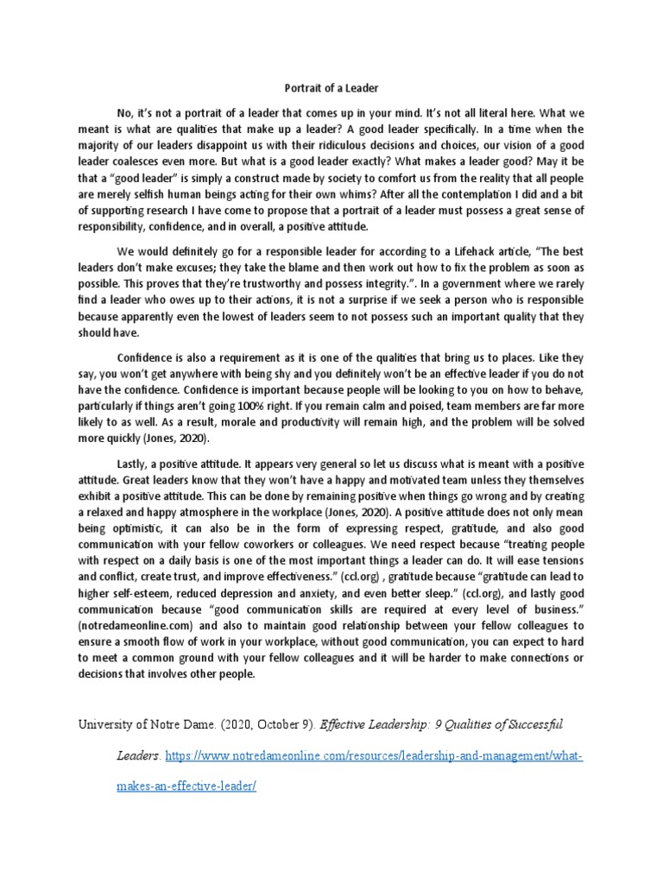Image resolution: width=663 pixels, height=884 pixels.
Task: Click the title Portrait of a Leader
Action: point(331,87)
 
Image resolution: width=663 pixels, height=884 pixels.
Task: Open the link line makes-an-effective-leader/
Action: point(186,788)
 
